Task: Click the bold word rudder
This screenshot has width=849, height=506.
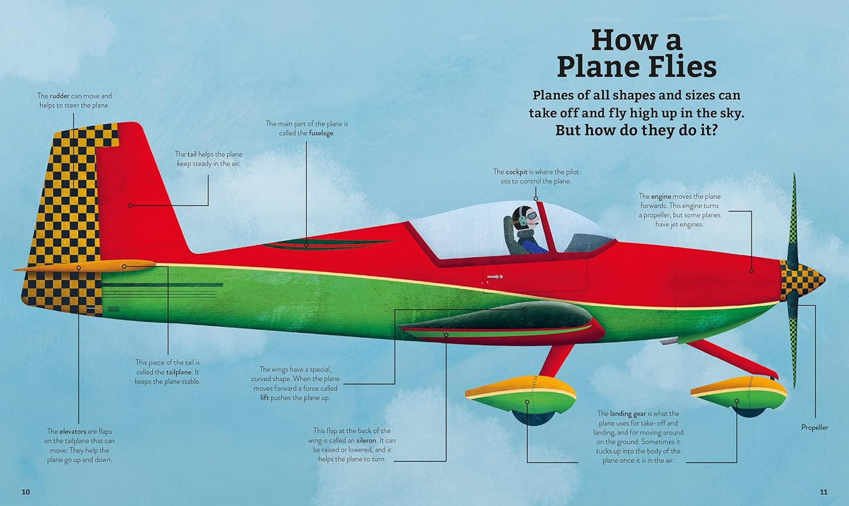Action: click(59, 96)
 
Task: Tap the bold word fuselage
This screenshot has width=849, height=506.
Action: click(321, 133)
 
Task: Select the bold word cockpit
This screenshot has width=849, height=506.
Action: click(516, 172)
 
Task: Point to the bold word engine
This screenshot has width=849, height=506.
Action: click(661, 196)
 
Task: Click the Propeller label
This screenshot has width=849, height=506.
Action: click(814, 427)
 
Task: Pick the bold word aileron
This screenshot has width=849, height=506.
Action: click(365, 440)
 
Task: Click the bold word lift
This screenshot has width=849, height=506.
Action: click(264, 398)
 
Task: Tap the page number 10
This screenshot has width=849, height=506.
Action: click(25, 492)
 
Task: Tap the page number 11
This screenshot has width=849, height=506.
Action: click(823, 492)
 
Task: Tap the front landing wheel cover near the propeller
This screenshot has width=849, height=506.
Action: click(739, 393)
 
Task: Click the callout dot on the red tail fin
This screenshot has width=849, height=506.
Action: click(130, 205)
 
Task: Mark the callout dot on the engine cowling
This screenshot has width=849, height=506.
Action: click(751, 271)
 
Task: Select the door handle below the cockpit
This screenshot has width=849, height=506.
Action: click(495, 277)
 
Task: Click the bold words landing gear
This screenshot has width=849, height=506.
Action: click(627, 414)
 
